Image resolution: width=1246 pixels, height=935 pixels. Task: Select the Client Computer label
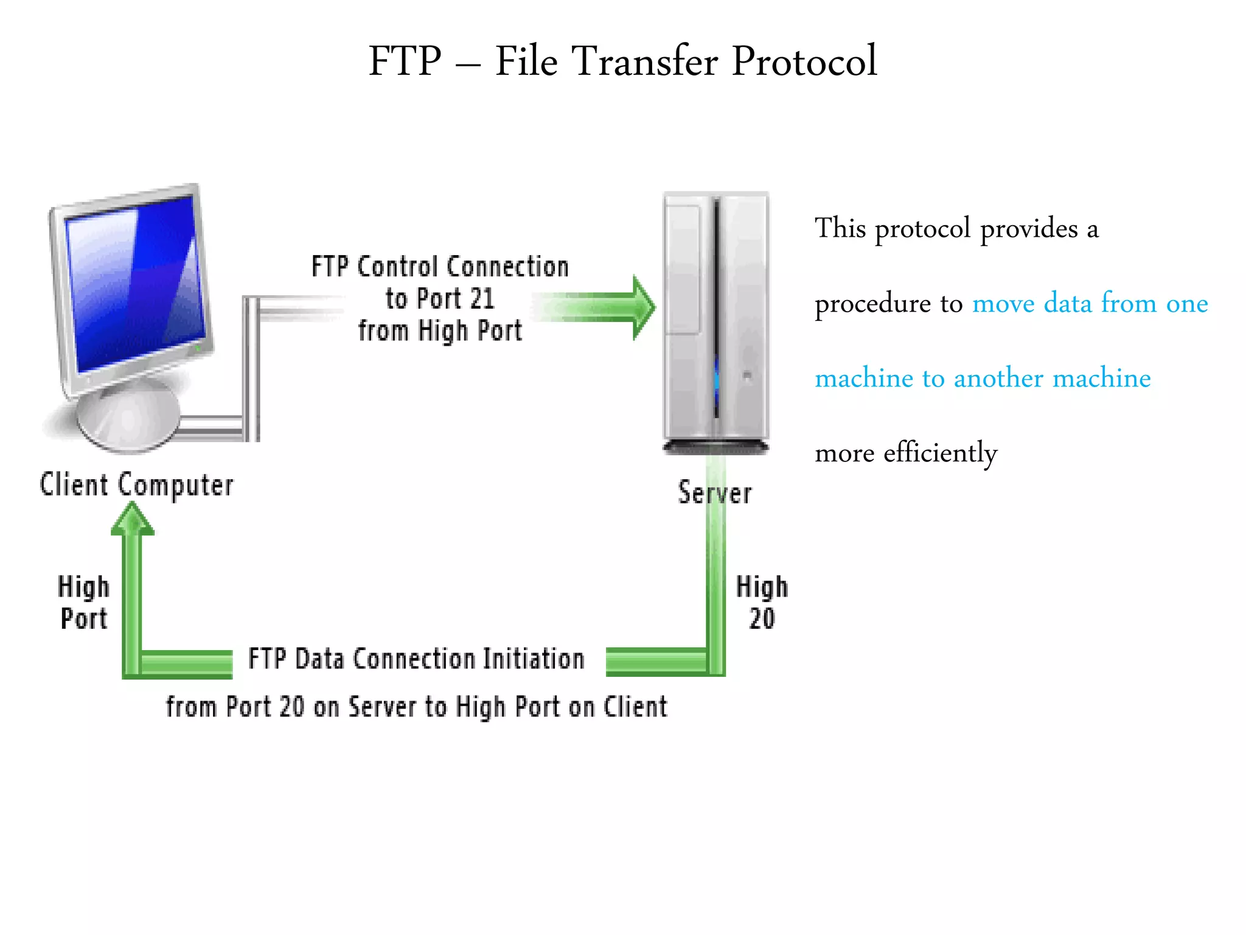coord(136,485)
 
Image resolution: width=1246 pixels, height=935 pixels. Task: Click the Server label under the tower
coord(715,492)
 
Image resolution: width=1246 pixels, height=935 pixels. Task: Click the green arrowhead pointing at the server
coord(642,307)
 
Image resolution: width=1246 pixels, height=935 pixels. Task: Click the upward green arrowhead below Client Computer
coord(132,520)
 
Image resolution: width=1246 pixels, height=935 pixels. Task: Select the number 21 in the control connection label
coord(482,299)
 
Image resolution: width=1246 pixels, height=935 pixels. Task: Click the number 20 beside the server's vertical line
coord(762,619)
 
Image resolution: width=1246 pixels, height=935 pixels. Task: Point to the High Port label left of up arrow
coord(84,603)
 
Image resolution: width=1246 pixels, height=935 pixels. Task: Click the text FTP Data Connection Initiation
coord(416,659)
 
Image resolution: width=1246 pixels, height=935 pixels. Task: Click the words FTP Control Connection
coord(440,267)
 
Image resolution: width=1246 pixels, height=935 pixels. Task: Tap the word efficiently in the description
coord(940,453)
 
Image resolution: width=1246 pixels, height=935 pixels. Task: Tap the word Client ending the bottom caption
coord(635,707)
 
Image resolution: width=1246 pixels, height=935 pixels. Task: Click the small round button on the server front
coord(747,376)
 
